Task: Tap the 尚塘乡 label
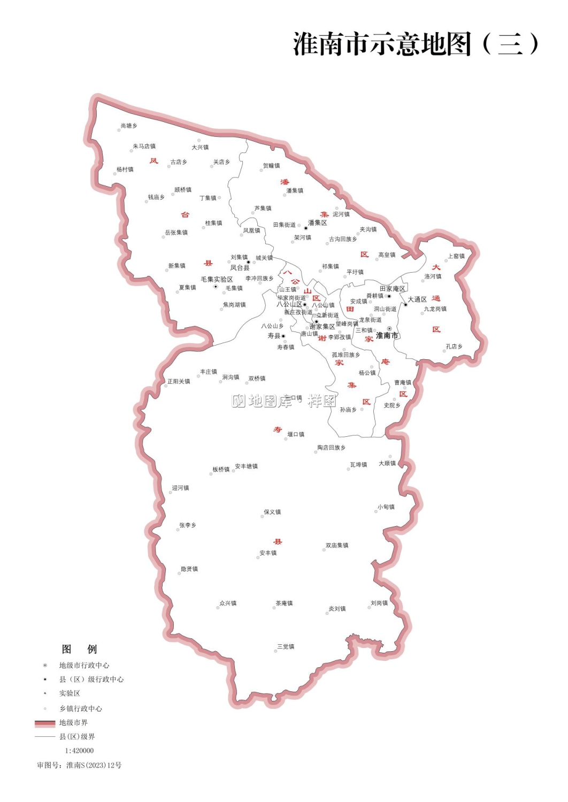pos(129,126)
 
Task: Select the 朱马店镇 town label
pos(144,146)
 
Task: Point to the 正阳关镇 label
pos(179,382)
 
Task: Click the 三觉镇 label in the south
pos(286,647)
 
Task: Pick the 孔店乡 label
pos(454,347)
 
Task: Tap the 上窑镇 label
pos(456,257)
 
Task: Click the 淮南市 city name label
pos(387,336)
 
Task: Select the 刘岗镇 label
pos(379,604)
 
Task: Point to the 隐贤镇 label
pos(189,569)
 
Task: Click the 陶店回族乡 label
pos(331,448)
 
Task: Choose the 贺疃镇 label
pos(271,166)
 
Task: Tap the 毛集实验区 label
pos(217,280)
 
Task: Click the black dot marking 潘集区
pos(306,228)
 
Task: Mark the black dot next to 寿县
pos(283,336)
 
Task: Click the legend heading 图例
pos(79,649)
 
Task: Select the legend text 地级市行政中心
pos(84,666)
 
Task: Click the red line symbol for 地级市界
pos(45,723)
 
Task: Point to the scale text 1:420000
pos(79,751)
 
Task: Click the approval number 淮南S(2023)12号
pos(94,766)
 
